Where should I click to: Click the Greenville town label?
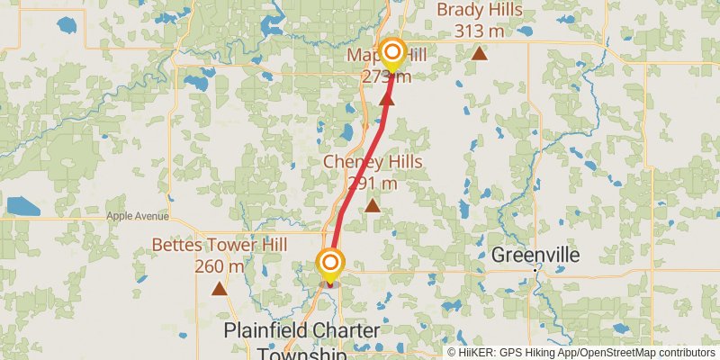535,256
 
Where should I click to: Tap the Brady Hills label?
479,10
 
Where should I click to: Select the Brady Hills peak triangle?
480,53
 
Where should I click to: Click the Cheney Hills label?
373,162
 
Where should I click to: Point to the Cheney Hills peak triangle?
373,206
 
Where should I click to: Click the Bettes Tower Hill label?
220,245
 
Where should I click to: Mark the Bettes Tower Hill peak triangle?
219,289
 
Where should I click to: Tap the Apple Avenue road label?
138,216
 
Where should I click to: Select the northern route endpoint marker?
391,52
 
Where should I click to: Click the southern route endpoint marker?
331,263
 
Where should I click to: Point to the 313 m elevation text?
479,31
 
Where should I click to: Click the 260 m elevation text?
220,266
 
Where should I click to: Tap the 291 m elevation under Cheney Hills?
373,184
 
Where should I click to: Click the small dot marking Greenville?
536,269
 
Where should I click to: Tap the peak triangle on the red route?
388,98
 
